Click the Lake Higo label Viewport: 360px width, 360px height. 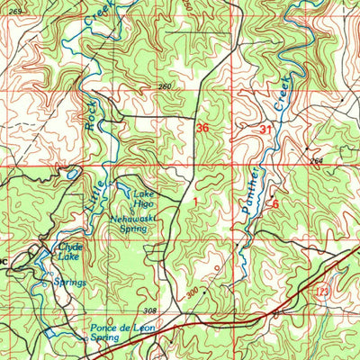tap(145, 199)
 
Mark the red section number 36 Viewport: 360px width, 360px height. tap(203, 129)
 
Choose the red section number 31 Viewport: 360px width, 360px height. tap(265, 130)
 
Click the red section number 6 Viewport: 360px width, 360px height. tap(275, 204)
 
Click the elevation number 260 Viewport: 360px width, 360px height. tap(164, 86)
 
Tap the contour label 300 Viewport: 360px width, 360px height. tap(192, 293)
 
